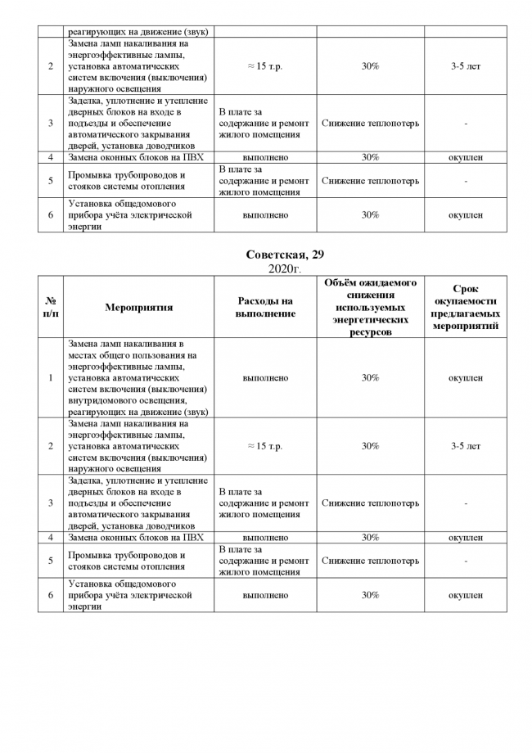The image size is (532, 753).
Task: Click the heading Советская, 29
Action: tap(266, 255)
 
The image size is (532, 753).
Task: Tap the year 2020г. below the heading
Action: tap(266, 268)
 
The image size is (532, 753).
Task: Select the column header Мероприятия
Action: tap(138, 308)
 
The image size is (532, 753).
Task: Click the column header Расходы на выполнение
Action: tap(265, 308)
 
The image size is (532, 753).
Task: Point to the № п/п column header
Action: tap(51, 308)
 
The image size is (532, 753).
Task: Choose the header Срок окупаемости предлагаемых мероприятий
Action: tap(465, 308)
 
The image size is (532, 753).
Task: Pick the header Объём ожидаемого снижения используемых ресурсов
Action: tap(369, 308)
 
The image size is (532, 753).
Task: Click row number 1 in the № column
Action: tap(51, 378)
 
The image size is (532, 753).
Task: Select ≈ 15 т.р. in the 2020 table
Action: tap(264, 446)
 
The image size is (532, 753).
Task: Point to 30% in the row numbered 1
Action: tap(370, 378)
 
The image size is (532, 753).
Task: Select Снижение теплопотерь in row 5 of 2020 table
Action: tap(370, 561)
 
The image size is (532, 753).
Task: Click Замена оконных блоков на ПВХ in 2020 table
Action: tap(136, 538)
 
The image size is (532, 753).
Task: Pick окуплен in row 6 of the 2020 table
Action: tap(465, 596)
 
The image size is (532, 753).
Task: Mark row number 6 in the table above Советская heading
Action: tap(51, 214)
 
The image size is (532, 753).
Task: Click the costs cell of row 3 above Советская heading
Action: tap(264, 123)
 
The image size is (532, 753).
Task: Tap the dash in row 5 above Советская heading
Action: tap(465, 181)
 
